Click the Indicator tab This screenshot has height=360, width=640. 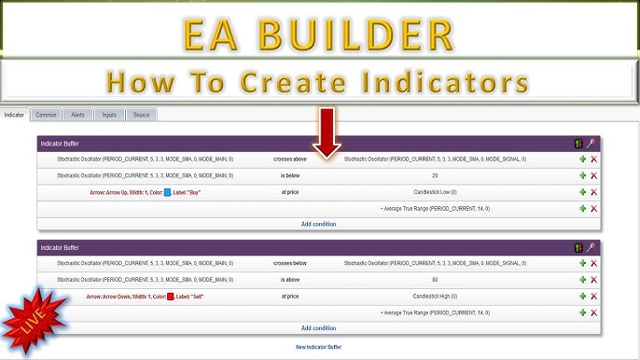click(14, 115)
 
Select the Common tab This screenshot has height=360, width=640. click(45, 115)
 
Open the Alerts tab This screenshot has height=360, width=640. click(77, 115)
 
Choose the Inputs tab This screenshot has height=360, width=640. click(109, 115)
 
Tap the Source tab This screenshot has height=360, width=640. click(141, 115)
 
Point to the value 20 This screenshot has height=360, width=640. click(435, 175)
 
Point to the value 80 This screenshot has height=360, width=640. click(435, 280)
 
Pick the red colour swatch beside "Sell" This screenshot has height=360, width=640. click(171, 297)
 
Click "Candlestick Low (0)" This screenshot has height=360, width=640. click(435, 191)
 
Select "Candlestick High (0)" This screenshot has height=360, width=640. click(435, 296)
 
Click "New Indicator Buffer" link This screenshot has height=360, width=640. click(319, 347)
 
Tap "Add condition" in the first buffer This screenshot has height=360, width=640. click(319, 224)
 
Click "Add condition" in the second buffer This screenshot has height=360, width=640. click(319, 328)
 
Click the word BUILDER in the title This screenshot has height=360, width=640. click(359, 35)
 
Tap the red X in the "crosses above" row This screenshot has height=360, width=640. click(594, 159)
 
